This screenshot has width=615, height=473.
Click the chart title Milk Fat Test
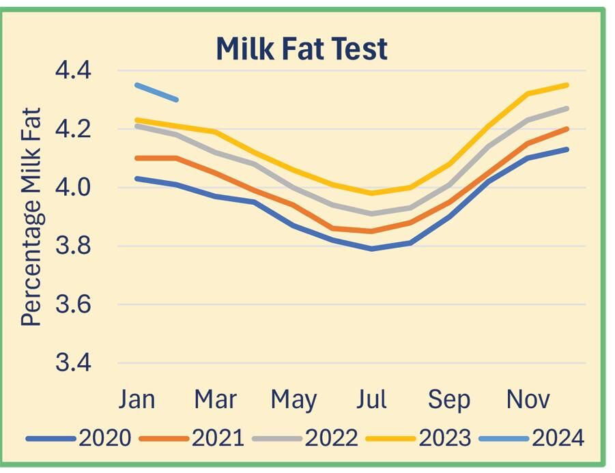click(x=301, y=49)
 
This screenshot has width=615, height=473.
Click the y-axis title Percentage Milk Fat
click(x=31, y=217)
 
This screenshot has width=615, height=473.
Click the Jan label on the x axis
click(x=137, y=399)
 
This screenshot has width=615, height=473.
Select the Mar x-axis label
click(x=215, y=399)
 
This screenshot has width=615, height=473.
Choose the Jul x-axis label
click(x=371, y=399)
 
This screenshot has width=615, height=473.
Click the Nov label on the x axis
click(x=528, y=399)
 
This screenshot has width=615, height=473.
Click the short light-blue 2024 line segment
click(x=157, y=92)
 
